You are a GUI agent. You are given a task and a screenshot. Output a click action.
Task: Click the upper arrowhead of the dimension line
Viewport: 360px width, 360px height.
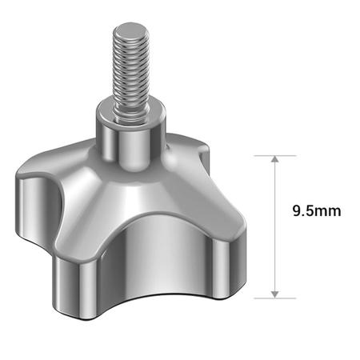point(275,160)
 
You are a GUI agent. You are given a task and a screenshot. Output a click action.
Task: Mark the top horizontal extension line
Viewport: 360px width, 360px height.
point(275,155)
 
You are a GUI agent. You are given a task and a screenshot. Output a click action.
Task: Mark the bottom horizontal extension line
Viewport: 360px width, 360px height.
point(275,298)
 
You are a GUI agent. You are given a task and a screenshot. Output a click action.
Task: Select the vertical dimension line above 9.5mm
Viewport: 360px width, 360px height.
point(275,180)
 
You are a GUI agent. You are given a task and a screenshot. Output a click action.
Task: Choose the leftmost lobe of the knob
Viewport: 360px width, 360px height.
point(32,200)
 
